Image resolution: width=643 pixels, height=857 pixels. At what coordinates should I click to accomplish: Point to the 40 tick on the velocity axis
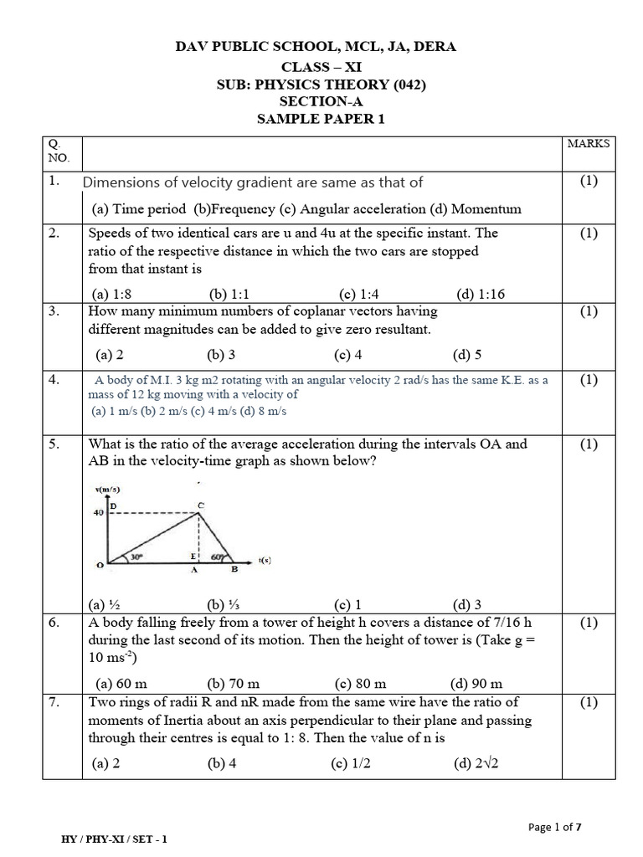(98, 512)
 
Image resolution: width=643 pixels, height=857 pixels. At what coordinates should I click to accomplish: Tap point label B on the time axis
(234, 570)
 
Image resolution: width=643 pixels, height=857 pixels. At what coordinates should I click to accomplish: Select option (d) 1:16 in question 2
(481, 294)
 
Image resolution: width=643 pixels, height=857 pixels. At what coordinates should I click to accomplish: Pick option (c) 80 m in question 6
(359, 683)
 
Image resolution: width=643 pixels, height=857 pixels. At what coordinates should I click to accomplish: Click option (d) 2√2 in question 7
(478, 762)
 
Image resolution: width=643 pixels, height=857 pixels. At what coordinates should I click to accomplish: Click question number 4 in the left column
(54, 380)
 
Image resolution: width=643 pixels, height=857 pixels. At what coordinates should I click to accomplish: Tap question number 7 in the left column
(54, 702)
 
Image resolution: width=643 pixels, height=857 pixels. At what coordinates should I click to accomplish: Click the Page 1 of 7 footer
(555, 828)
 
